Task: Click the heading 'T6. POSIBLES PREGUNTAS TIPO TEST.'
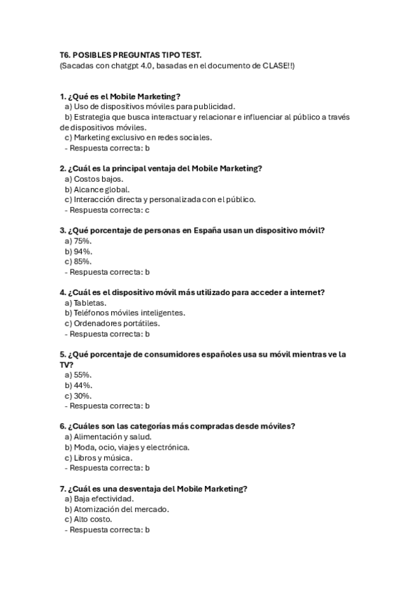tap(131, 55)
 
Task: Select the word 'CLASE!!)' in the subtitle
tap(279, 66)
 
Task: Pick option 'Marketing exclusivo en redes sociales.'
tap(138, 138)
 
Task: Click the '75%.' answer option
tap(78, 241)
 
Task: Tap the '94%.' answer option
tap(78, 251)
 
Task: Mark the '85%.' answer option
tap(78, 262)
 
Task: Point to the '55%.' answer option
tap(78, 375)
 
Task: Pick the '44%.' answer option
tap(78, 385)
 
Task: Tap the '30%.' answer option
tap(78, 396)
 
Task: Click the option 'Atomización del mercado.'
tap(117, 510)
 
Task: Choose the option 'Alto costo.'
tap(87, 520)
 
